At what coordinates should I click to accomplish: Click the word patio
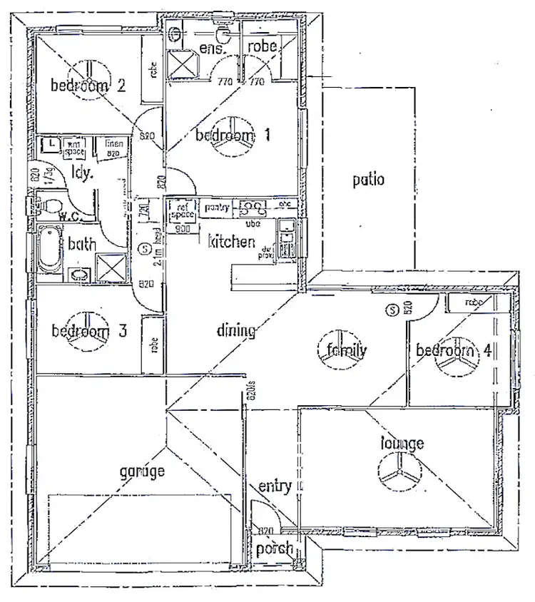pyautogui.click(x=368, y=179)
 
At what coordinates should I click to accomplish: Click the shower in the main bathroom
pyautogui.click(x=108, y=268)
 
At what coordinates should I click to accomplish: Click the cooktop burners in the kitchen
pyautogui.click(x=250, y=210)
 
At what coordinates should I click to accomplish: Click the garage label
pyautogui.click(x=142, y=471)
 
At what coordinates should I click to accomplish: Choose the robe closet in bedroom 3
pyautogui.click(x=152, y=345)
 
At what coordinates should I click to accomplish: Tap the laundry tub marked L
pyautogui.click(x=52, y=145)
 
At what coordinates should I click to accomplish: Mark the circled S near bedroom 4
pyautogui.click(x=391, y=310)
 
